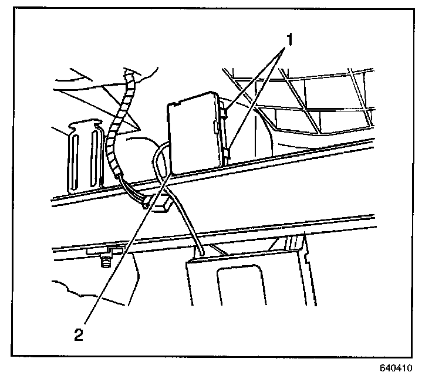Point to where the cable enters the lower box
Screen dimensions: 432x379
201,253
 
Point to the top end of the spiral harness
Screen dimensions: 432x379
130,75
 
